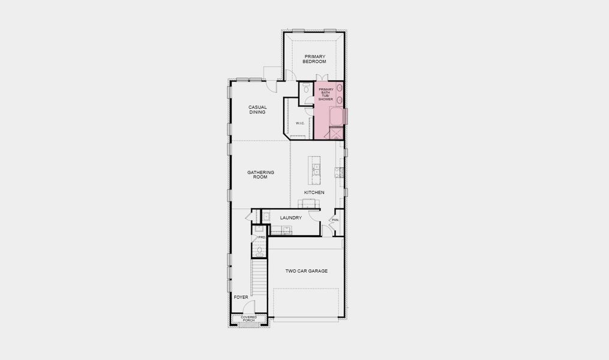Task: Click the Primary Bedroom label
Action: point(314,59)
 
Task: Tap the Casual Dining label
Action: point(257,110)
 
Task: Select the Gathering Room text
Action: point(260,175)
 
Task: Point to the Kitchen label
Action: point(314,193)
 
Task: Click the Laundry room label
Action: point(290,218)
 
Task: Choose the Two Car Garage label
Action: point(306,271)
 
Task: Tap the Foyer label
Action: point(241,297)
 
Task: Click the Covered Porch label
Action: point(248,319)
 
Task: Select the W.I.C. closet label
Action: point(300,124)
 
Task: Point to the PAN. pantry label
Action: point(335,220)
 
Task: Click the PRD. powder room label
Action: point(262,238)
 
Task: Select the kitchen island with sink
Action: point(314,169)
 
